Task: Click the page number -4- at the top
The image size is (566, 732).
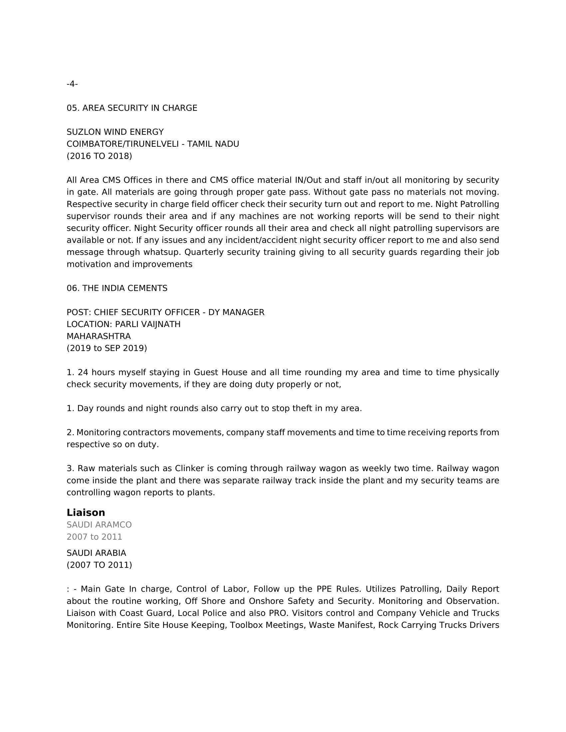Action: coord(72,84)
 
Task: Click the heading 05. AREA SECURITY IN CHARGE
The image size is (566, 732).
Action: coord(132,108)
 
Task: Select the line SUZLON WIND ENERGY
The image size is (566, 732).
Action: coord(115,132)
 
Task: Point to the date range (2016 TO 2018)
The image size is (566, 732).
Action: coord(99,156)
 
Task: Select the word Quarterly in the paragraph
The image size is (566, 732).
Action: coord(205,252)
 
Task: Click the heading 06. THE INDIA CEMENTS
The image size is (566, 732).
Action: coord(117,288)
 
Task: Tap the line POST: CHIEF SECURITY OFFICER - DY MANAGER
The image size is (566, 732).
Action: coord(165,312)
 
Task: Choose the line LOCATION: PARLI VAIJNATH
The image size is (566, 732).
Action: coord(124,324)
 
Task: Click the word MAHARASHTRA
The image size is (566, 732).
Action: coord(99,336)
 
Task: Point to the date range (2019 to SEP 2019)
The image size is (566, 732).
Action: coord(107,348)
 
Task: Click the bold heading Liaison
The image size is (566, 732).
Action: coord(86,513)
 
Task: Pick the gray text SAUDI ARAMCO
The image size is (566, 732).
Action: coord(99,525)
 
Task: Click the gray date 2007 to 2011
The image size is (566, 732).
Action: coord(94,537)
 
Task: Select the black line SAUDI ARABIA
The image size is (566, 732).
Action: coord(96,553)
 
